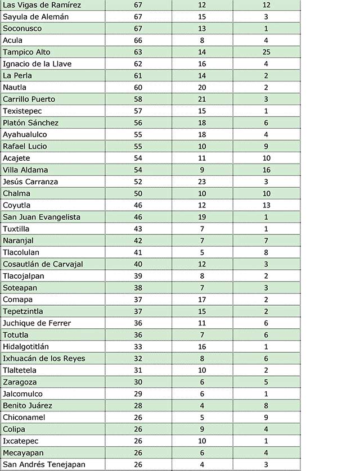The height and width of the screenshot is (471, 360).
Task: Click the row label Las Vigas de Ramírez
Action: coord(42,5)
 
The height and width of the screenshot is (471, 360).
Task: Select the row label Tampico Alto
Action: coord(26,52)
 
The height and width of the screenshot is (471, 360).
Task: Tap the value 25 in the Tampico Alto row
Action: coord(265,52)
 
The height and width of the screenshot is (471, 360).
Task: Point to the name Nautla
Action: coord(15,88)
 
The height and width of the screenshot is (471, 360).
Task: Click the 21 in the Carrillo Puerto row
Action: coord(202,99)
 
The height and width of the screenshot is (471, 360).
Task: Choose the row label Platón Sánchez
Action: coord(31,123)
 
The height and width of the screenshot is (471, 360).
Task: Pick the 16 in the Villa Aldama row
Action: coord(265,170)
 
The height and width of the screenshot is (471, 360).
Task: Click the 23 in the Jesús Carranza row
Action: coord(202,182)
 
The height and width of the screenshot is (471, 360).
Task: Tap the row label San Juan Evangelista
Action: coord(42,218)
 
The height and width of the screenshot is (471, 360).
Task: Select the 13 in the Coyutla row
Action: coord(265,206)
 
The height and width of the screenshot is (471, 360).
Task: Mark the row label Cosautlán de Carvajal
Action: coord(43,265)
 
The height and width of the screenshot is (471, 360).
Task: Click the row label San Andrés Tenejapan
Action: coord(44,465)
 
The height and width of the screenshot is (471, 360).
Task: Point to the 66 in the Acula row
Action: coord(138,40)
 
